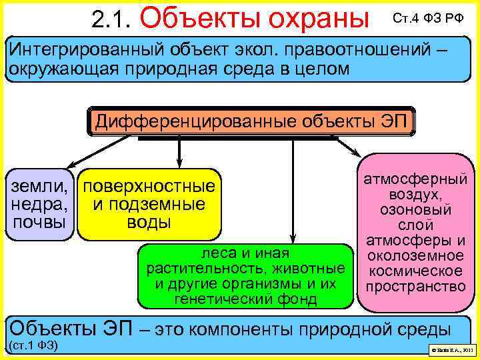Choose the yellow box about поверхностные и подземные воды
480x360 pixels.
click(x=149, y=204)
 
